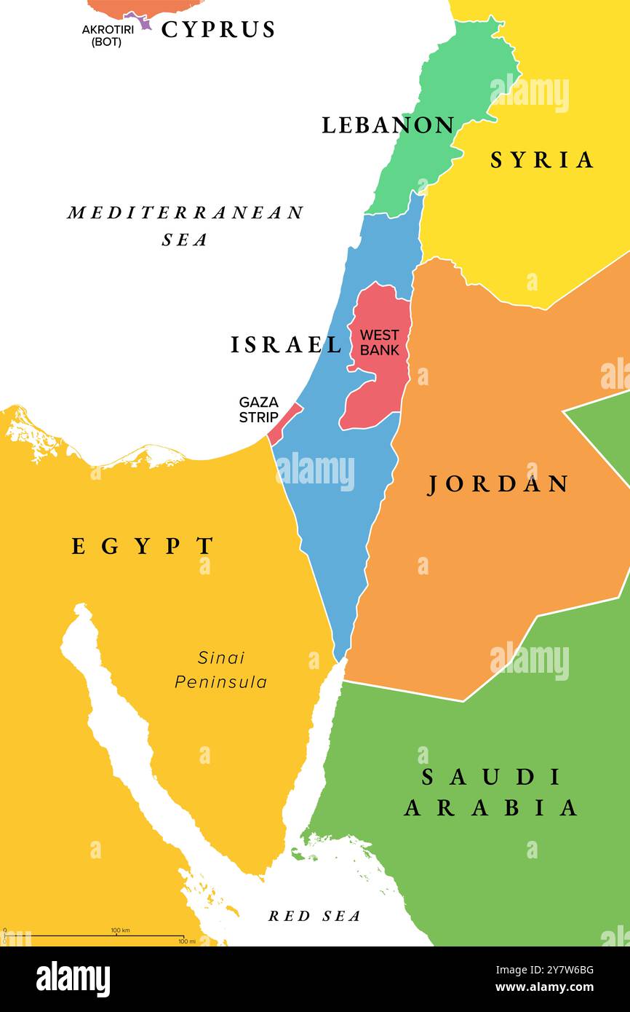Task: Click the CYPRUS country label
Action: tap(218, 30)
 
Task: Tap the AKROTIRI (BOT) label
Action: tap(107, 36)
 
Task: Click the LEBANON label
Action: tap(388, 125)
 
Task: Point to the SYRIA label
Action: tap(542, 160)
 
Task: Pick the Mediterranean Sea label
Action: tap(186, 225)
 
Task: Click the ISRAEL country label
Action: tap(286, 345)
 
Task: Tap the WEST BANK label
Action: tap(380, 342)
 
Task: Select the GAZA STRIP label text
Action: tap(258, 410)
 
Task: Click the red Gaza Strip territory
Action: tap(284, 422)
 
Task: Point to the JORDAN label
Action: tap(498, 484)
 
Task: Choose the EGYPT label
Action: tap(143, 546)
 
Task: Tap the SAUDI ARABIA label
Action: tap(492, 792)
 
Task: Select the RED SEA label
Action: tap(314, 916)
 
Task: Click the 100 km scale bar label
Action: tap(120, 930)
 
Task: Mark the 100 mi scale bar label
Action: tap(186, 941)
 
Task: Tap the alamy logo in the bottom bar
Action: tap(73, 979)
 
